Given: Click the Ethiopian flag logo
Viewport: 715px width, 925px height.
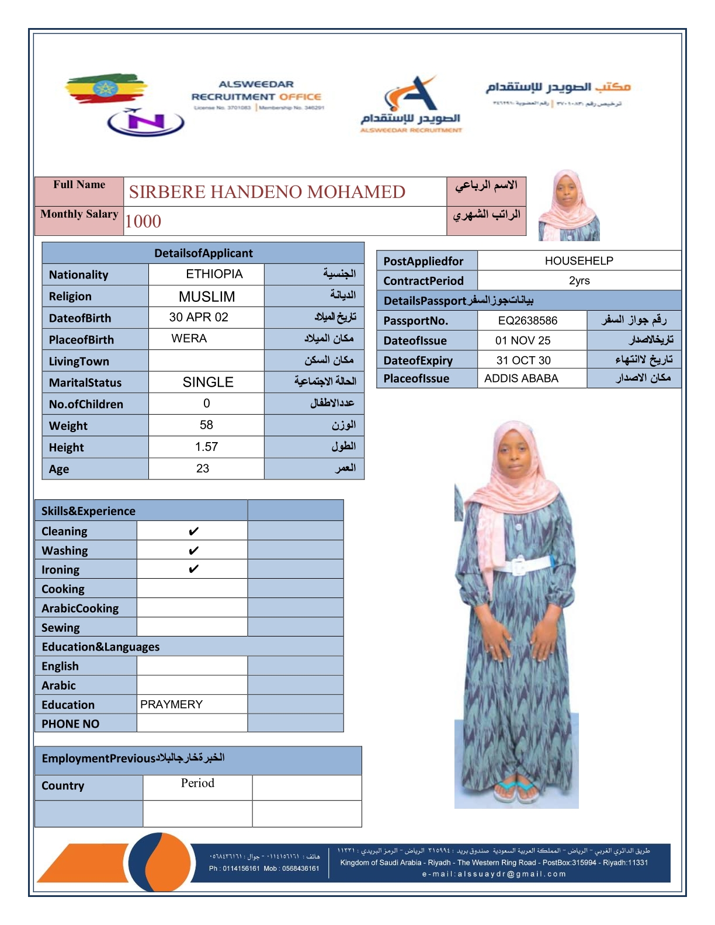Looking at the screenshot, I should tap(105, 89).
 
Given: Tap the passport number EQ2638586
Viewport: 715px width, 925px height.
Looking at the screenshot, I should tap(527, 321).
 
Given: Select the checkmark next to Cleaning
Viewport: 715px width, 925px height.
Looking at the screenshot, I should tap(193, 531).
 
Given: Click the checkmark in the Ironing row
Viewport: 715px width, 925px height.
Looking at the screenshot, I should tap(193, 569).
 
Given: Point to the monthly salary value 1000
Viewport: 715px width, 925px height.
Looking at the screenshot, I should tap(143, 222).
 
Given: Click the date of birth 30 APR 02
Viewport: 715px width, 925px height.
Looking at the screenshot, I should tap(199, 318).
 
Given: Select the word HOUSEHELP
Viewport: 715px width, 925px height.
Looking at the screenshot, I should tap(579, 261).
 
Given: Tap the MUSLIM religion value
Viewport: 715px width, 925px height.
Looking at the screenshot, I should tap(207, 297).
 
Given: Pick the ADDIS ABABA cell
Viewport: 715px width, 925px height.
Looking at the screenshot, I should tap(521, 378).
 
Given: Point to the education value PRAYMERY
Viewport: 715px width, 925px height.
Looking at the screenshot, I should tap(171, 705).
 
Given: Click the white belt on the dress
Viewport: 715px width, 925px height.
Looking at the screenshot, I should tap(523, 566).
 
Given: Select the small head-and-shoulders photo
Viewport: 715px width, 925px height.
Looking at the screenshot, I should tap(568, 206).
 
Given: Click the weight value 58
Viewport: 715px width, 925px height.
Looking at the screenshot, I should tap(206, 425).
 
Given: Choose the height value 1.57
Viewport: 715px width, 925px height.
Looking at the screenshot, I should tap(206, 447).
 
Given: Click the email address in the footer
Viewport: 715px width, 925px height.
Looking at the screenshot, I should tap(494, 874).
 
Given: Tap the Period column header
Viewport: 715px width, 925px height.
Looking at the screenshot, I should tap(197, 783).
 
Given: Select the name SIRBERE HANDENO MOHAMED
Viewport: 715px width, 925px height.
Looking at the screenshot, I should tap(267, 192).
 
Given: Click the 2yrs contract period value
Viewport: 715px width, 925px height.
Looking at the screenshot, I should tap(579, 281).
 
